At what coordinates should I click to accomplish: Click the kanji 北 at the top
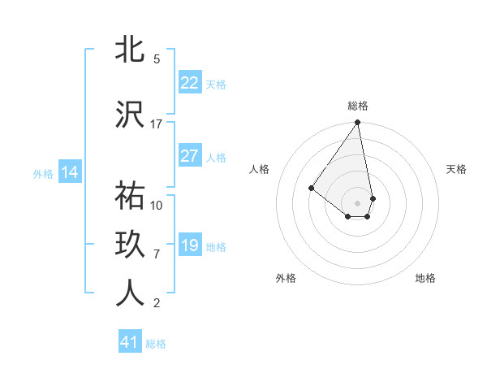[x=129, y=50]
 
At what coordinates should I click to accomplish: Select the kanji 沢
[x=129, y=115]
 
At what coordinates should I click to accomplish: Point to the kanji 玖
[x=129, y=246]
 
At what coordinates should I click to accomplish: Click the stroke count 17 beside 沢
[x=157, y=124]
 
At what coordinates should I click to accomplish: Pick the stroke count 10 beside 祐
[x=157, y=205]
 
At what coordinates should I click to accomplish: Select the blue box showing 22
[x=190, y=83]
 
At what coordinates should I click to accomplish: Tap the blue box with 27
[x=190, y=156]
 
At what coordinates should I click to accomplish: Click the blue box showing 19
[x=190, y=245]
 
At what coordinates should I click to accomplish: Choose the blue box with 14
[x=69, y=172]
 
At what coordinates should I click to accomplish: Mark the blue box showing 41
[x=130, y=342]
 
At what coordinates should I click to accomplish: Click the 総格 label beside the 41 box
[x=156, y=344]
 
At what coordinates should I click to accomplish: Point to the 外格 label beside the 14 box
[x=43, y=173]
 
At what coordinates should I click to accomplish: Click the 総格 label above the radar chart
[x=358, y=106]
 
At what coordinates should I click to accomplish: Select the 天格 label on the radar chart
[x=456, y=169]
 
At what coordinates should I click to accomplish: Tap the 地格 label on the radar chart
[x=425, y=278]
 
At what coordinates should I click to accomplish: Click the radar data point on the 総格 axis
[x=357, y=124]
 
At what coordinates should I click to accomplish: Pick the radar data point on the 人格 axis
[x=311, y=188]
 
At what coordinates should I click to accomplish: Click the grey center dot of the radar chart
[x=357, y=202]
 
